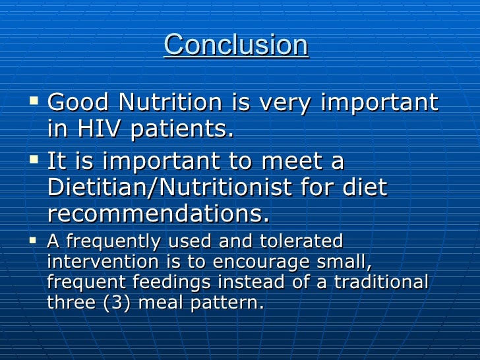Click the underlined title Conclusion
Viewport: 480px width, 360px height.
[235, 45]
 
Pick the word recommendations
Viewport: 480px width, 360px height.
[158, 214]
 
